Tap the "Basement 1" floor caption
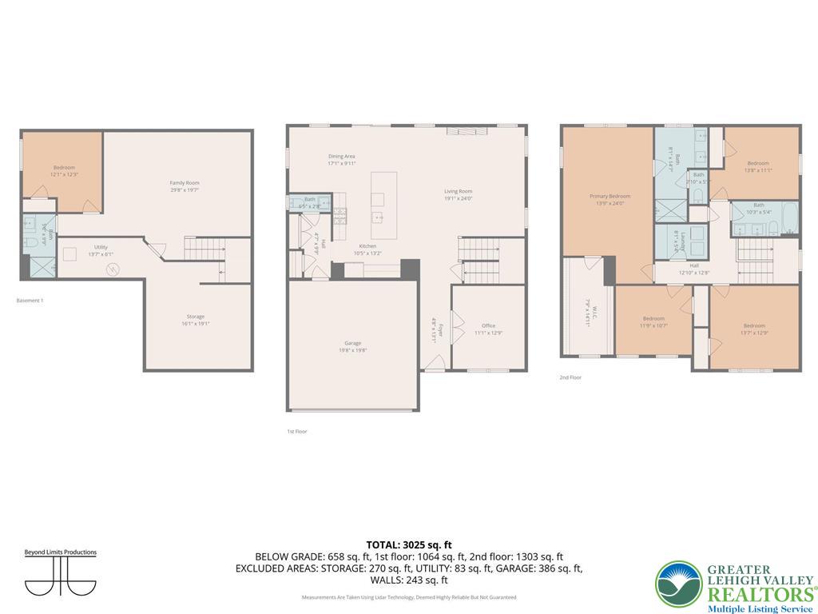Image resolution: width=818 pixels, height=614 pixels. (30, 301)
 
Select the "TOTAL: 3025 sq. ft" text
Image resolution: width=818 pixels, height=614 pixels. (409, 544)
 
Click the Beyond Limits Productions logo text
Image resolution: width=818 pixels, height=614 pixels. (60, 552)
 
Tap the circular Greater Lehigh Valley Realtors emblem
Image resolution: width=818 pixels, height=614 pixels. (679, 584)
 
